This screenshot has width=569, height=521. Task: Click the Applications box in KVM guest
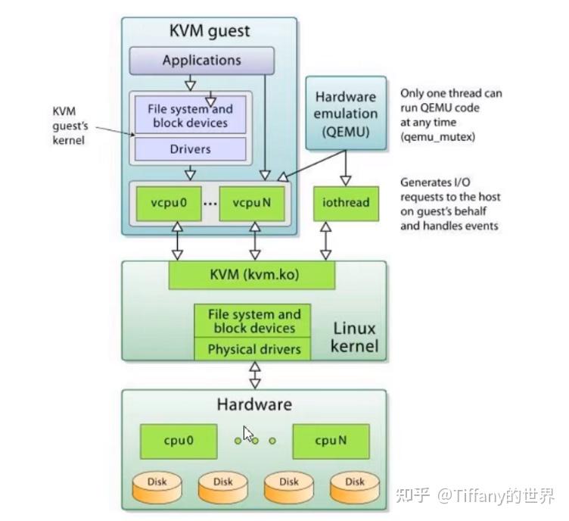click(201, 60)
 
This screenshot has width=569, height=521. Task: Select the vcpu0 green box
click(175, 204)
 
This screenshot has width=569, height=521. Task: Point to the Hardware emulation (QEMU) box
click(346, 113)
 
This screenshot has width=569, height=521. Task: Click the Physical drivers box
click(253, 349)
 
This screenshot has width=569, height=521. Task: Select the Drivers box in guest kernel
click(190, 149)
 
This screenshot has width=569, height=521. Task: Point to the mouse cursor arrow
click(248, 435)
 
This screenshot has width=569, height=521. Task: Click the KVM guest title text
click(209, 32)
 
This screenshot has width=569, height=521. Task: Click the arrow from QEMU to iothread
click(346, 167)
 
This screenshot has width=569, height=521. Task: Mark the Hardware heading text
click(253, 404)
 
